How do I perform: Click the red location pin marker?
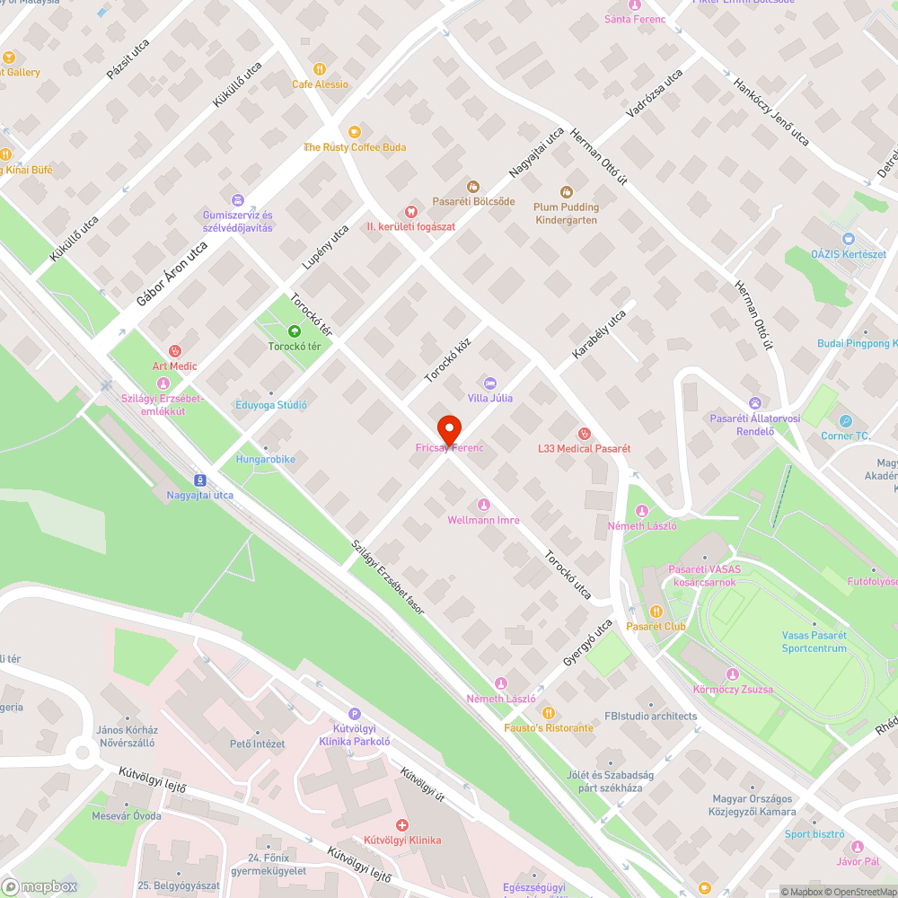[x=448, y=429]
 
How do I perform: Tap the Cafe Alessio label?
[x=320, y=84]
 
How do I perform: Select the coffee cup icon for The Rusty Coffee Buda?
[x=354, y=131]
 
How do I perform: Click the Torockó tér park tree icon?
[x=294, y=330]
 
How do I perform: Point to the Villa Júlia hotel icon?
[x=489, y=383]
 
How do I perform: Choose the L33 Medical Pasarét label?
[x=584, y=448]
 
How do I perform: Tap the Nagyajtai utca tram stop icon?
[x=199, y=480]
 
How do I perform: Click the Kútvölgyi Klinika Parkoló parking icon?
[x=354, y=712]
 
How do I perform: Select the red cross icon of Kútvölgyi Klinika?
[x=402, y=824]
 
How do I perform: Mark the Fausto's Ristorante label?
[x=548, y=727]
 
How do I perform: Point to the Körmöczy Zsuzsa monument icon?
[x=733, y=674]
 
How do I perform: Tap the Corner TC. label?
[x=845, y=436]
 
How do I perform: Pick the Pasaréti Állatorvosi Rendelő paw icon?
[x=755, y=403]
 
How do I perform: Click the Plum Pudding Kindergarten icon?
[x=566, y=191]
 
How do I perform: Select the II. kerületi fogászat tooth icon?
[x=410, y=211]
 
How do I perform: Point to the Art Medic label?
[x=174, y=365]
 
